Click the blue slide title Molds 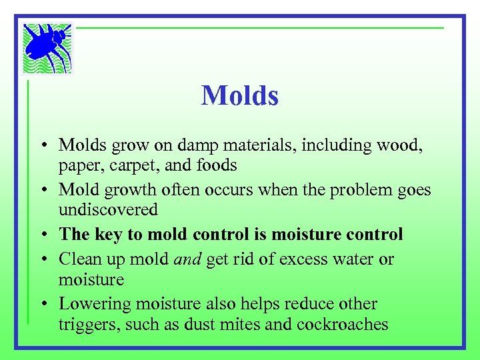coord(240,96)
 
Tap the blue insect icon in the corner coord(47,47)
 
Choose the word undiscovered coord(108,209)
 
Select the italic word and coord(187,259)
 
